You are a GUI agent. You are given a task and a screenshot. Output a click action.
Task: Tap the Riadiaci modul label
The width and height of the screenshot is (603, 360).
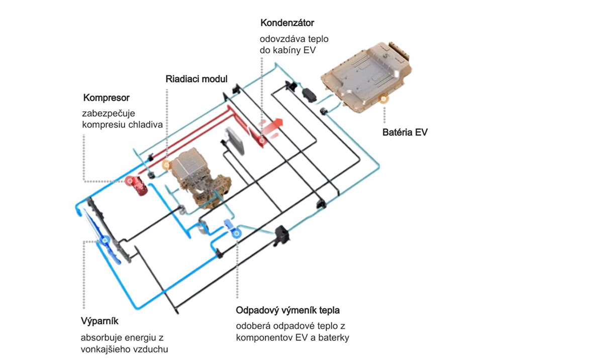click(x=196, y=79)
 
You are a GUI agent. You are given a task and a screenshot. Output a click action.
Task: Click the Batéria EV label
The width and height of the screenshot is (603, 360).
click(x=405, y=133)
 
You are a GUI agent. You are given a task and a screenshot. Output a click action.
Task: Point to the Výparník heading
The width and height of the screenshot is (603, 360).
click(x=99, y=321)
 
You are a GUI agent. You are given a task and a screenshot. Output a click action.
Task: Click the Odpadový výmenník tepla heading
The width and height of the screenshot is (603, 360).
click(x=291, y=310)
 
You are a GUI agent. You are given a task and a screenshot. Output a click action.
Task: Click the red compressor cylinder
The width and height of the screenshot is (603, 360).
click(x=139, y=187)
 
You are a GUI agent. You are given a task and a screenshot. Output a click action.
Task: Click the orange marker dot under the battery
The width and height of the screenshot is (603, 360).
click(x=384, y=99)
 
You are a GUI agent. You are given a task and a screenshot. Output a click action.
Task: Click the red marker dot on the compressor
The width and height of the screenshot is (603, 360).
click(x=130, y=180)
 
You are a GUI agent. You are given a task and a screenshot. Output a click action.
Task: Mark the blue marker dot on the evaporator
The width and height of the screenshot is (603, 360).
click(x=106, y=241)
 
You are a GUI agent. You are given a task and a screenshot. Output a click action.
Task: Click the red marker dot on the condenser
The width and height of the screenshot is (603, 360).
click(x=262, y=141)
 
